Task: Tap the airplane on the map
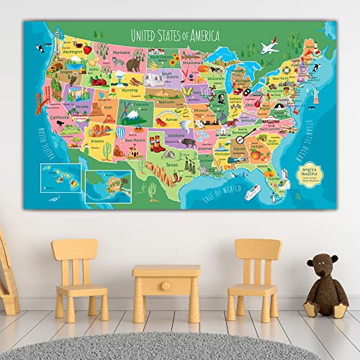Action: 269,48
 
